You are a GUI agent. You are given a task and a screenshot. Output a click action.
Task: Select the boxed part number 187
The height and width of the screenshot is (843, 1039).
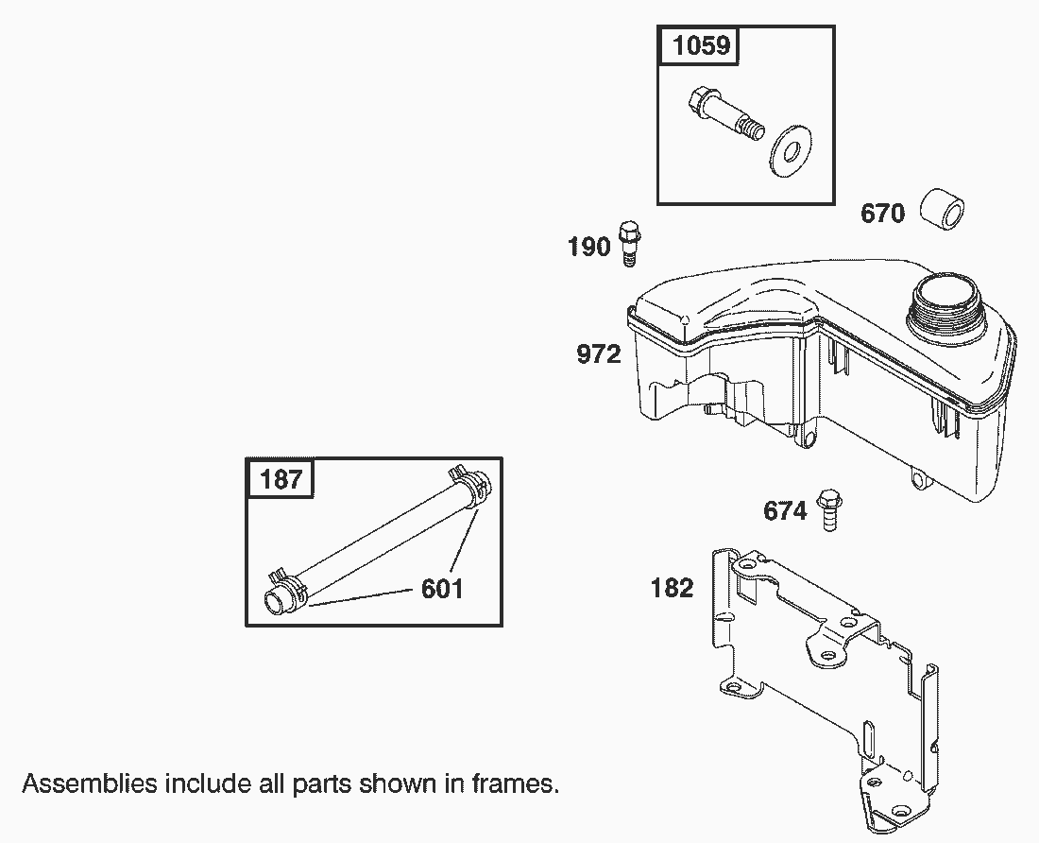coord(281,479)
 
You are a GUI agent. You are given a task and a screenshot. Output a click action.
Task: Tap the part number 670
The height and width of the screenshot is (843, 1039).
coord(882,214)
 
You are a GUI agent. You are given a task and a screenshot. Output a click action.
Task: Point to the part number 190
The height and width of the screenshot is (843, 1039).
coord(589,248)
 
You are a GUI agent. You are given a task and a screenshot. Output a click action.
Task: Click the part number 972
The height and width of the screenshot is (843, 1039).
coord(599,355)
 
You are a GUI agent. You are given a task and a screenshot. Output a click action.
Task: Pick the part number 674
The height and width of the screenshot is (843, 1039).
coord(786,512)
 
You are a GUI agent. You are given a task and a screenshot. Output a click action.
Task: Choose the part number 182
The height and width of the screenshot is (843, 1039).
coord(673,588)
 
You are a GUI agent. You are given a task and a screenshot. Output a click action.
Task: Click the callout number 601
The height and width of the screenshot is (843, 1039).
coord(442,589)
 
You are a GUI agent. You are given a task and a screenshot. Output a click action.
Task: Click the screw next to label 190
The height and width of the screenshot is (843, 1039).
coord(629,243)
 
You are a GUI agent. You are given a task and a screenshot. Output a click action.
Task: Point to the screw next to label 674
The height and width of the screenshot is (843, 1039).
coord(830,508)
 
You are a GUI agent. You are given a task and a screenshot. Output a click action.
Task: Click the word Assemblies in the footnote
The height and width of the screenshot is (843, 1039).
coord(90,783)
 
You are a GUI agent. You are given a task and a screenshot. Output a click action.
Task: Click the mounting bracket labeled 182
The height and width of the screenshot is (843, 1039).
coord(822,680)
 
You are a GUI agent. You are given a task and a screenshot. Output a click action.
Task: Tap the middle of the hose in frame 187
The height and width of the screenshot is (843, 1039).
coord(378,538)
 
